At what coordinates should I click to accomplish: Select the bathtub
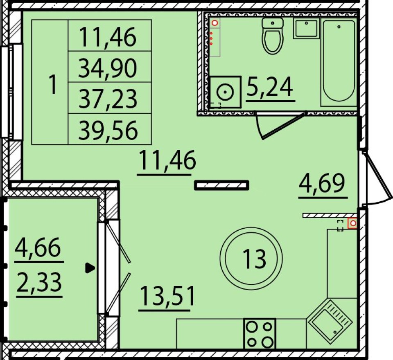coord(339,61)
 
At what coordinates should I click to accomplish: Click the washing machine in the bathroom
coord(225,92)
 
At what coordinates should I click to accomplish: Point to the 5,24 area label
coord(270,87)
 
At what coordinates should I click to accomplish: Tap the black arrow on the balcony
coord(90,268)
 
